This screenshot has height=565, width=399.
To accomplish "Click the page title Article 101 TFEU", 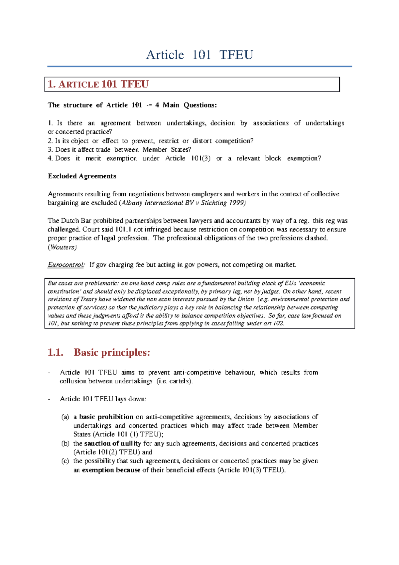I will point(199,55).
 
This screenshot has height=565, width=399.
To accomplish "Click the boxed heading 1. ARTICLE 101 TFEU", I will point(98,84).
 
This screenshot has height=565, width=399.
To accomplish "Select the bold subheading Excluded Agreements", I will point(82,176).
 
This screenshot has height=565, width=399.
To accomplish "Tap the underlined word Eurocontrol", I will point(66,265).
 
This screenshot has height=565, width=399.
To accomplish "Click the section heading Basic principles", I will point(112,352).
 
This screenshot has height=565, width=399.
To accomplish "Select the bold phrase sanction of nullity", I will point(112,444).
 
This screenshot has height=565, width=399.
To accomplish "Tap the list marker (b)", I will point(65,444).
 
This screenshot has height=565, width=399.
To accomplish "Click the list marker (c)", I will point(65,461).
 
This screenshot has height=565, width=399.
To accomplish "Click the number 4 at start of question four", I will point(50,159).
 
